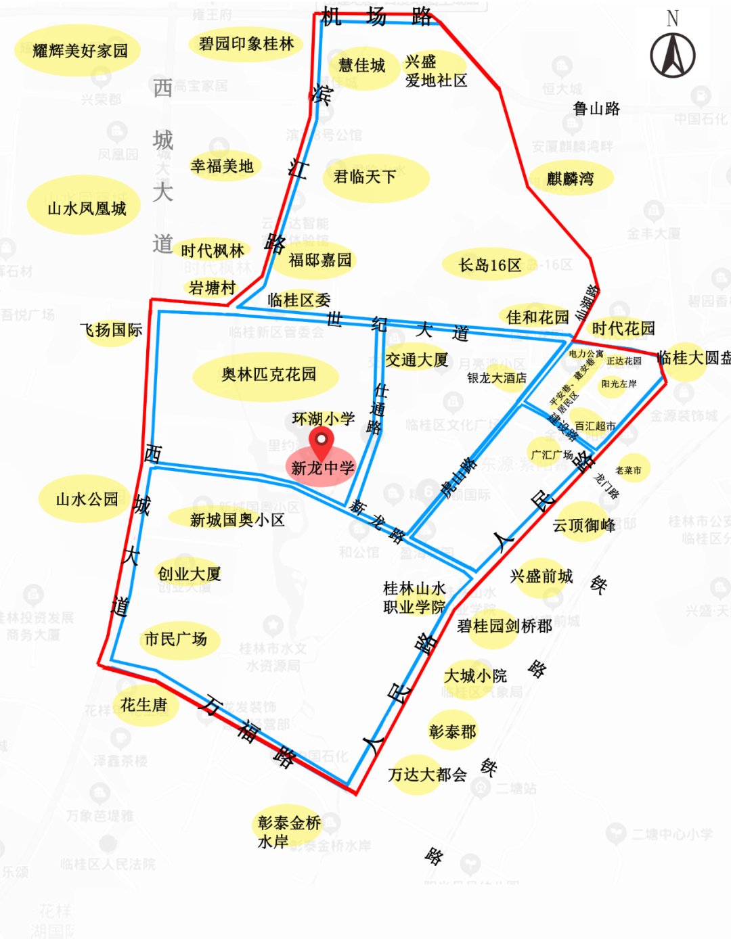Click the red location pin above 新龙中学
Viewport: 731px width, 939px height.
pos(321,442)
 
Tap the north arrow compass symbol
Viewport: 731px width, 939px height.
pos(672,55)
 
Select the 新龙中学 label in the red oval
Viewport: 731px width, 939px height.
pos(323,467)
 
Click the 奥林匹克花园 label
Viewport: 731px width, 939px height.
pos(268,374)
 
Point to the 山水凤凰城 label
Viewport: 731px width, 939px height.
pos(87,208)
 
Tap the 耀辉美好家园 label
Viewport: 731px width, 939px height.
pos(80,50)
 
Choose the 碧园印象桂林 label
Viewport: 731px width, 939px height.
pos(246,44)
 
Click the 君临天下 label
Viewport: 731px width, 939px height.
pos(365,177)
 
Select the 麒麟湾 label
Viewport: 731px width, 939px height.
pos(570,179)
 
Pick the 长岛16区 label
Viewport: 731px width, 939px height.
pos(490,265)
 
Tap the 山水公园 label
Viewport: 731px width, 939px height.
pos(87,499)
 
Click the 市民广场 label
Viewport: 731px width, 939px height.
pos(176,639)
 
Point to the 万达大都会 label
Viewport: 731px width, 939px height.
pos(428,775)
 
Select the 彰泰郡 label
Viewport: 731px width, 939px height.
pos(452,731)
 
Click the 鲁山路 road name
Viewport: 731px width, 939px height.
pos(596,108)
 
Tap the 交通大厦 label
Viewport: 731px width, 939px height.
pos(417,360)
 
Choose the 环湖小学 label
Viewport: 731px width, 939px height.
pos(324,419)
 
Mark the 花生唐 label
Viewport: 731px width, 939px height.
pos(143,705)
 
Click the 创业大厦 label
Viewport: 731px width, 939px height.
pos(190,574)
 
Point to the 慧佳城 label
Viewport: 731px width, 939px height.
pos(361,66)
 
